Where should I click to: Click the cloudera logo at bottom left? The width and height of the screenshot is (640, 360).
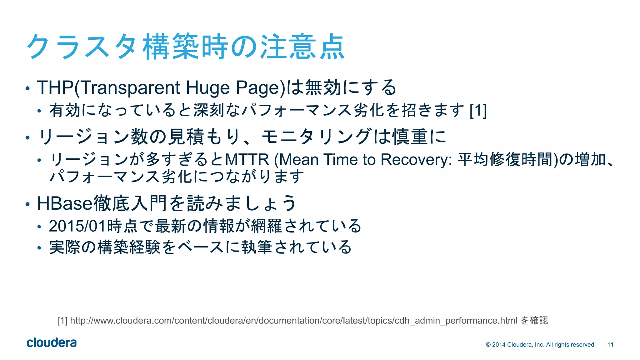tap(52, 343)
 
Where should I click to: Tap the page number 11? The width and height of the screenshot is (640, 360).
tap(610, 345)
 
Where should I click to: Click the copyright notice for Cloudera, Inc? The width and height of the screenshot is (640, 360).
tap(541, 345)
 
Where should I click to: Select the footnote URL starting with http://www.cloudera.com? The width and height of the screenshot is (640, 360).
tap(294, 321)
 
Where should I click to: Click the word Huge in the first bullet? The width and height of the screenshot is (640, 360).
tap(208, 87)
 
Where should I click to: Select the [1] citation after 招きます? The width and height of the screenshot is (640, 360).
tap(478, 110)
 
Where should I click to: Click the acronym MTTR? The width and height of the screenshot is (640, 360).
tap(247, 160)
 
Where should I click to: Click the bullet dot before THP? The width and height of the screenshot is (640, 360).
tap(27, 89)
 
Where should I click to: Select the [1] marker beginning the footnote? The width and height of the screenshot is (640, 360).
tap(62, 321)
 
